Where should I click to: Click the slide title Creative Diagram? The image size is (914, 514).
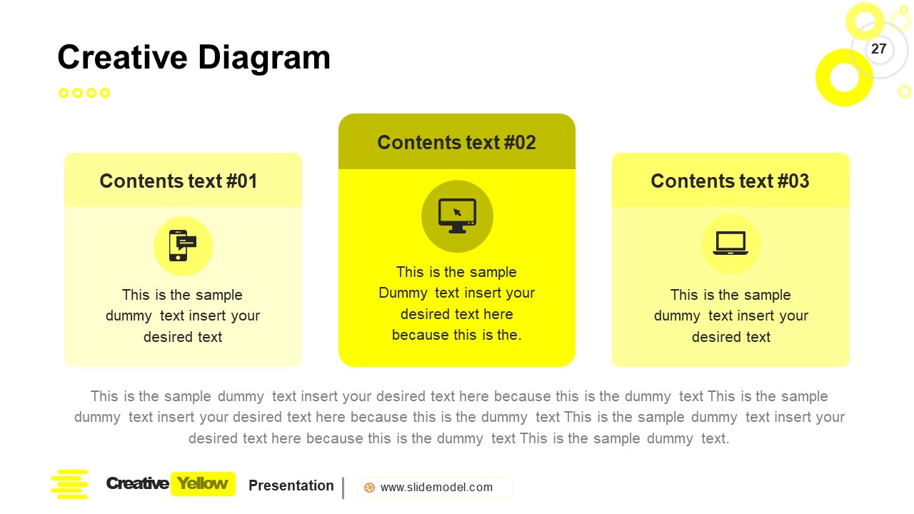(x=194, y=58)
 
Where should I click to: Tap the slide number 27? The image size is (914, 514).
(x=878, y=49)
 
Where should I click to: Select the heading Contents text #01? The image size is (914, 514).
(x=179, y=181)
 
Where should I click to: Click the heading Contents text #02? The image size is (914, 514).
(x=456, y=143)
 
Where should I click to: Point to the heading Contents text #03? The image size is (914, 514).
(x=730, y=181)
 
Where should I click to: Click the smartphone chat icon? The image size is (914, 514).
(x=182, y=246)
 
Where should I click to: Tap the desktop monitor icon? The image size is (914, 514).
(x=457, y=216)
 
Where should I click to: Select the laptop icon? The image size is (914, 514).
(x=730, y=244)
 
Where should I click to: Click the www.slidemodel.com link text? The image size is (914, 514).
(x=436, y=488)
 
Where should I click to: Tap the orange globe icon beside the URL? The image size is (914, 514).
(x=369, y=488)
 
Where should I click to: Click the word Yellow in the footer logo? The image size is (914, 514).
(x=203, y=484)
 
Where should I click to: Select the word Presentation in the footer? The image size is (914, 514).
(x=291, y=485)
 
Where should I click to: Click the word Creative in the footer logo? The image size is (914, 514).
(x=137, y=484)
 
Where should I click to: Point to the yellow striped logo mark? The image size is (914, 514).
(x=69, y=484)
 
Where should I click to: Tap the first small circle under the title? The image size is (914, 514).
(x=64, y=93)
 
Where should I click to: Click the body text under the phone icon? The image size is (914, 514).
(x=183, y=316)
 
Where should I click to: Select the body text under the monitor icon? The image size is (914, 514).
(x=456, y=303)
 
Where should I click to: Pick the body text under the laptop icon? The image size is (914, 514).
(x=730, y=316)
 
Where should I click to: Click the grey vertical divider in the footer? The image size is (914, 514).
(x=343, y=488)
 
